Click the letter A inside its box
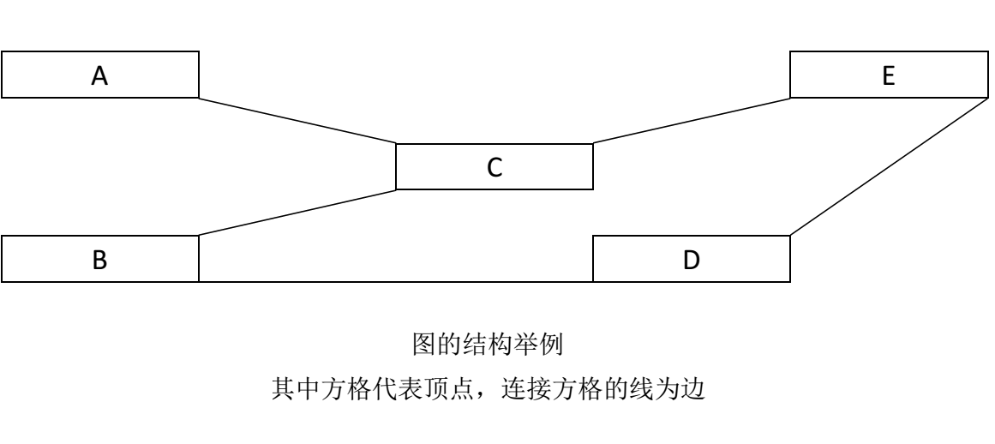point(100,76)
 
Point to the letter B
point(100,261)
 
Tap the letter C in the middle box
point(495,167)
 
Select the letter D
point(692,261)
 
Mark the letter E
point(889,76)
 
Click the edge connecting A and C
point(297,121)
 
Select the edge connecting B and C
point(297,213)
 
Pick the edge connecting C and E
point(691,121)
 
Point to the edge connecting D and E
point(888,167)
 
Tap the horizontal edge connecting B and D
point(396,282)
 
